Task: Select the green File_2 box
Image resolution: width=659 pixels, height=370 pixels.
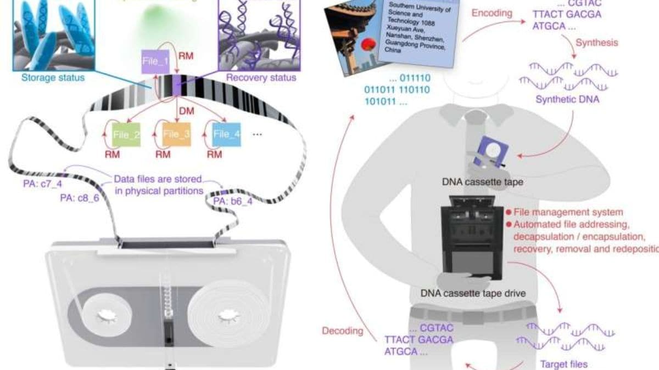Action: (x=126, y=134)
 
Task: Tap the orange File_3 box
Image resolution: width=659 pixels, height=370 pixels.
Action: (x=176, y=134)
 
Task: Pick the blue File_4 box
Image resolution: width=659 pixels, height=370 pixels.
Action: (x=227, y=134)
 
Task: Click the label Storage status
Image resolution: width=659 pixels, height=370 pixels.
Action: (x=53, y=77)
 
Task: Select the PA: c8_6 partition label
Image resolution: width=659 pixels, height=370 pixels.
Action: (x=80, y=198)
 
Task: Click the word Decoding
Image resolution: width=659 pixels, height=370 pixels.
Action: (x=343, y=331)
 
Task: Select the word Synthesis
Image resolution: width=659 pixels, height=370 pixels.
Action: (x=596, y=42)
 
